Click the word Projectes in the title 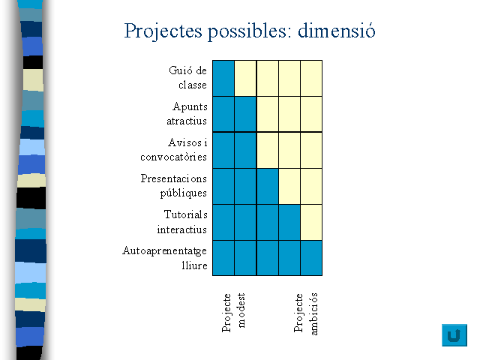(x=163, y=31)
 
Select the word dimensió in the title (x=337, y=30)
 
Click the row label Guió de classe (x=188, y=77)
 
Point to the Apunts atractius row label (x=187, y=113)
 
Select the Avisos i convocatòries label (x=173, y=150)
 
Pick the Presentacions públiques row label (x=173, y=186)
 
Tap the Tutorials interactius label (x=182, y=222)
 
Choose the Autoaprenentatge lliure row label (x=165, y=258)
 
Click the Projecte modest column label (x=233, y=313)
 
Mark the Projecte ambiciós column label (x=305, y=313)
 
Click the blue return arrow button (x=454, y=335)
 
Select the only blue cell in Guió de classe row (x=223, y=78)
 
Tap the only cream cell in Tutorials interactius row (x=311, y=222)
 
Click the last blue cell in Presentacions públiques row (x=268, y=187)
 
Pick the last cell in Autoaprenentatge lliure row (x=311, y=258)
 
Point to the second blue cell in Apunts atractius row (x=245, y=114)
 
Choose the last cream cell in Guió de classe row (x=311, y=78)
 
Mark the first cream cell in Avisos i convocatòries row (x=268, y=150)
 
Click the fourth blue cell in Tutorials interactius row (x=289, y=222)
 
